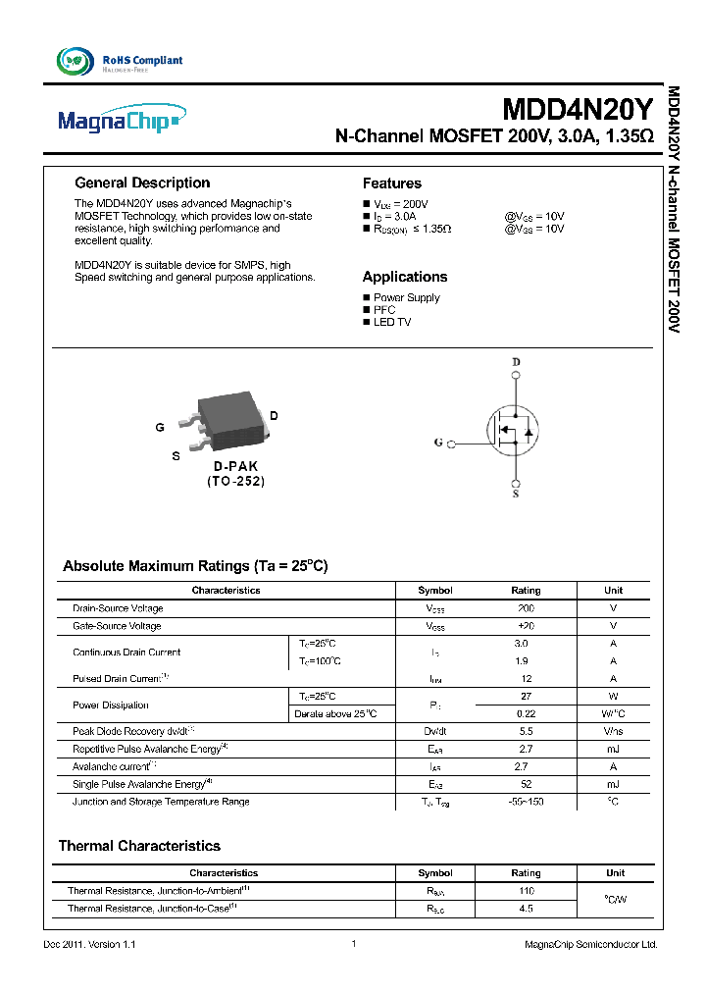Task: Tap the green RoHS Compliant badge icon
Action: coord(76,61)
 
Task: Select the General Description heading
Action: coord(142,183)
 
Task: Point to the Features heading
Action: coord(391,183)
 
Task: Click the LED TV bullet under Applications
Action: coord(392,322)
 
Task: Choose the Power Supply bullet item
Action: coord(406,297)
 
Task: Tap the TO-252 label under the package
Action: coord(235,482)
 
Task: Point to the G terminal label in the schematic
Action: coord(438,443)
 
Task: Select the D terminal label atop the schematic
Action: coord(516,362)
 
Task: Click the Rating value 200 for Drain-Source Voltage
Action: coord(526,608)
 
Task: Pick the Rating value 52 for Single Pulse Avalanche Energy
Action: coord(526,784)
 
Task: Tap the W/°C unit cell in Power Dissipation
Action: coord(613,714)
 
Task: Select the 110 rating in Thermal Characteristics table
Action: coord(526,891)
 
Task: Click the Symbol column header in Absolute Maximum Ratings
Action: coord(435,591)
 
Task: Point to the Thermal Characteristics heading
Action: coord(139,846)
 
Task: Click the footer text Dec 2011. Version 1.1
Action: coord(89,944)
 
